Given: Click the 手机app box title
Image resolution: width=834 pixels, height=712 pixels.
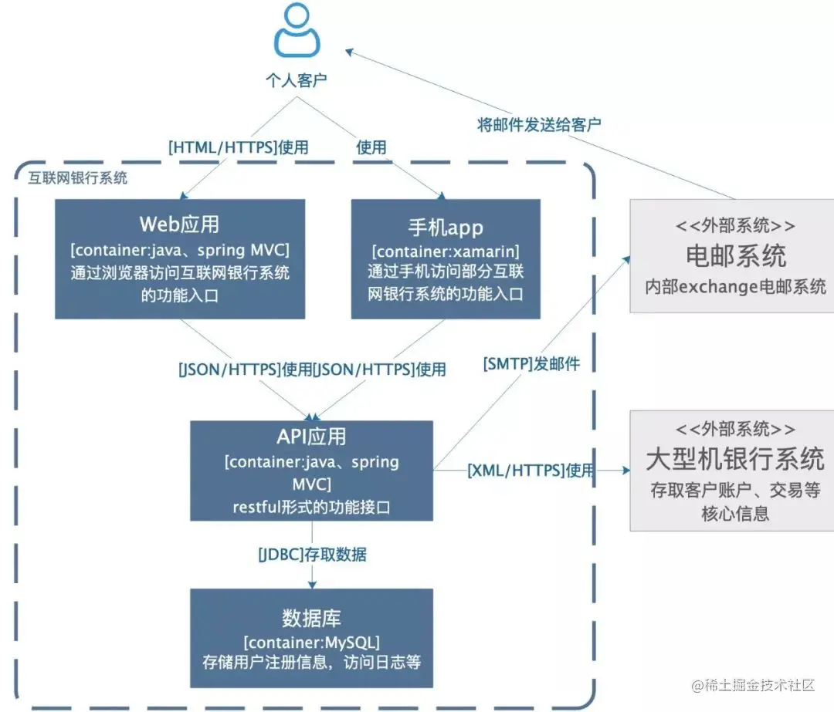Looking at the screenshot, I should pyautogui.click(x=446, y=227).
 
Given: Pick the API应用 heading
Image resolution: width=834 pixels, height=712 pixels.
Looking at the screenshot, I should pyautogui.click(x=311, y=437).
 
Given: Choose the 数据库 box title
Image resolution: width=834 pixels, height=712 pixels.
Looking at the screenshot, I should pyautogui.click(x=311, y=618).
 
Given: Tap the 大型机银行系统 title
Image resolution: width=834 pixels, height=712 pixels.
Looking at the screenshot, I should pyautogui.click(x=734, y=460).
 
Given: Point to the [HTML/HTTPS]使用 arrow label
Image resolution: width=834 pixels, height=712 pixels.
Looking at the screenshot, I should pyautogui.click(x=238, y=147).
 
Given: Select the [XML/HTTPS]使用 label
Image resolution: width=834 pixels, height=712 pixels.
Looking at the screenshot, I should pyautogui.click(x=531, y=470).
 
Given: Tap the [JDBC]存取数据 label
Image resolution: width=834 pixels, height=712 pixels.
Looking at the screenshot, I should pyautogui.click(x=312, y=554).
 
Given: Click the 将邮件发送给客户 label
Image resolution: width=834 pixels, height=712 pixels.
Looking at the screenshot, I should pyautogui.click(x=538, y=125).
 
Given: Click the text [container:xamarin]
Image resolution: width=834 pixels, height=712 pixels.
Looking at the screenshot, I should pyautogui.click(x=446, y=252).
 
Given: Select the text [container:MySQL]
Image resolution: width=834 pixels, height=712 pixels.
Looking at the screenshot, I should pyautogui.click(x=311, y=643).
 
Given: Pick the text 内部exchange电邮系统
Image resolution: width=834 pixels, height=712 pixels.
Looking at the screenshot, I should pyautogui.click(x=735, y=287).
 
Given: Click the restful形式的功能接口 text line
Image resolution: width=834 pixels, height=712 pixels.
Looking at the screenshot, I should pyautogui.click(x=311, y=507).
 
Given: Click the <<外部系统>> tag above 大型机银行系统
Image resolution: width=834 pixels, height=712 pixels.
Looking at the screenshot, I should pyautogui.click(x=734, y=429).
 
